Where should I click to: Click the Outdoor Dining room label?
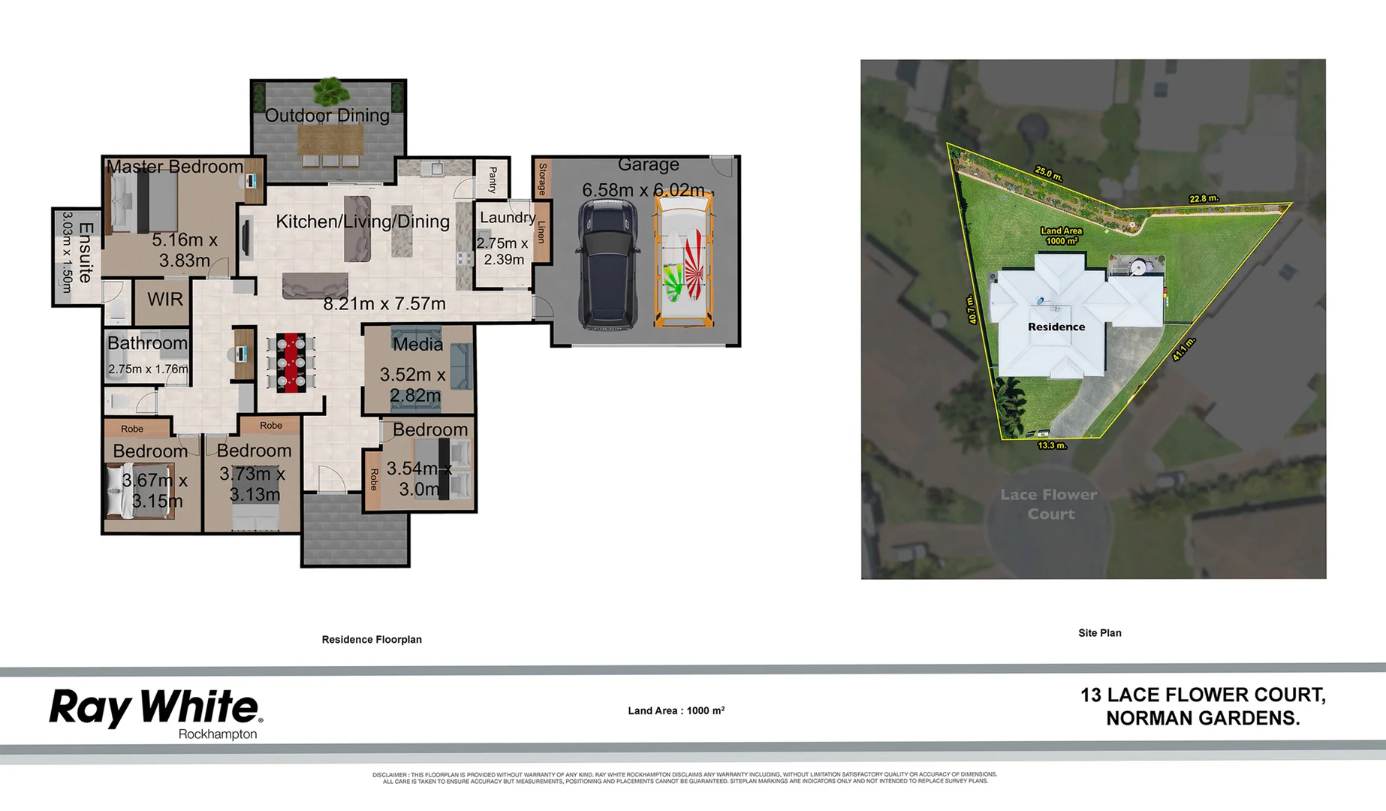point(327,116)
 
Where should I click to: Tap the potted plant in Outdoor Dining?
point(330,92)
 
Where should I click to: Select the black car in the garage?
point(607,264)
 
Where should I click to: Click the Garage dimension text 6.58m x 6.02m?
point(643,190)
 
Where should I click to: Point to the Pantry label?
point(493,179)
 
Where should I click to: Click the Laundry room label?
point(508,218)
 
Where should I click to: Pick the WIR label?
point(165,300)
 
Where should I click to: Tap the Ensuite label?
point(86,252)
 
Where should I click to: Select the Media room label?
point(417,345)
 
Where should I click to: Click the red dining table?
point(291,363)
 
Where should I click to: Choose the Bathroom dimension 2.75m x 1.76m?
point(148,369)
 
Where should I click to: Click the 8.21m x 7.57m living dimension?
point(384,304)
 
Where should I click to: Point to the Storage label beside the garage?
point(542,179)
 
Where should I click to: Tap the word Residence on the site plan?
point(1056,327)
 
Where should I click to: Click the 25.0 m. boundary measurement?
point(1048,173)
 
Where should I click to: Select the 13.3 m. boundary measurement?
point(1052,445)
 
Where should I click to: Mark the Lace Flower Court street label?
point(1050,504)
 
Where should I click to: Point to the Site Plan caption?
point(1099,633)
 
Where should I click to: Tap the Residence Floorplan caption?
point(372,640)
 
